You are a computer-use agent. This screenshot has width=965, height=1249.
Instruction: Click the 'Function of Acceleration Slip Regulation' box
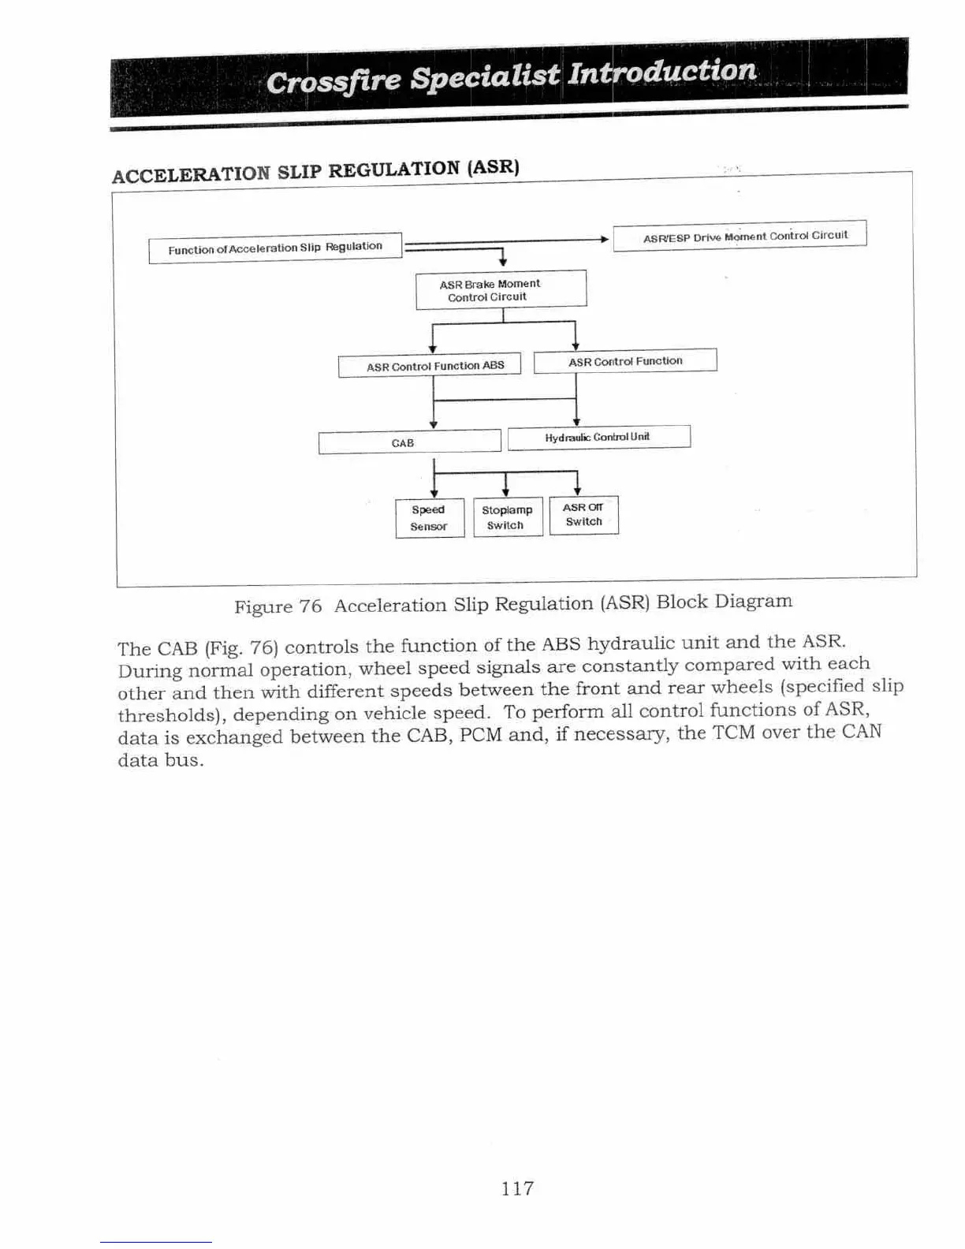tap(275, 248)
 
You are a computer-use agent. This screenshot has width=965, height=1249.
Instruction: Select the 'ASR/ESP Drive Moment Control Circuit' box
tap(740, 236)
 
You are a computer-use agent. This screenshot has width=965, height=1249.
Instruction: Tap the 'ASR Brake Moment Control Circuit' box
tap(501, 289)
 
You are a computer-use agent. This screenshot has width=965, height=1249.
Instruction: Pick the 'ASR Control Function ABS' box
tap(430, 366)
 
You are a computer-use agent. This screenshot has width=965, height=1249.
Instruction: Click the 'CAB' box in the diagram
tap(409, 442)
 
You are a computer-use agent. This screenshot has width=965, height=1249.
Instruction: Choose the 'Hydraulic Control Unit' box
tap(598, 437)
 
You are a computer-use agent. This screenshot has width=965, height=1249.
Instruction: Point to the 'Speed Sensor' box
tap(429, 518)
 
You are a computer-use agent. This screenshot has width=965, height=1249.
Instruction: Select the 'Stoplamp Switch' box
tap(507, 517)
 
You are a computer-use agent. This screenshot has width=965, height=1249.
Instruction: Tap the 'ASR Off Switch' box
tap(583, 515)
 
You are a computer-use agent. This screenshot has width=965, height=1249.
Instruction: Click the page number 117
tap(517, 1188)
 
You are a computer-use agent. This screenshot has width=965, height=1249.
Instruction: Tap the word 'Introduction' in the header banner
tap(662, 72)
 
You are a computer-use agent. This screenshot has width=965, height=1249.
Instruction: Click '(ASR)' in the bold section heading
tap(493, 168)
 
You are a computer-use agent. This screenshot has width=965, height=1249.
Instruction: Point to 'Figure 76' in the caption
tap(278, 607)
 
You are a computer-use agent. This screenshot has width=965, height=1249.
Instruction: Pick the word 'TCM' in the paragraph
tap(735, 733)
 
